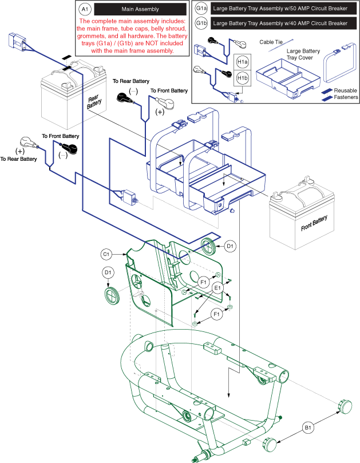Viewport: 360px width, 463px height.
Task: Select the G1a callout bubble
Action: tap(201, 9)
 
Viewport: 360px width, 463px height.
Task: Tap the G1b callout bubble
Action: tap(201, 23)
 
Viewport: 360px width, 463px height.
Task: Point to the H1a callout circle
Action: tap(242, 62)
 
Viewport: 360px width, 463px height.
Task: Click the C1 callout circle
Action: tap(106, 254)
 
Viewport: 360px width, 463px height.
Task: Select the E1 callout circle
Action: tap(217, 287)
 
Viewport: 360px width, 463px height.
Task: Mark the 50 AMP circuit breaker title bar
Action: tap(280, 9)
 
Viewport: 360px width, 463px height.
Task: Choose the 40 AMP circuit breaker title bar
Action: tap(280, 23)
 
